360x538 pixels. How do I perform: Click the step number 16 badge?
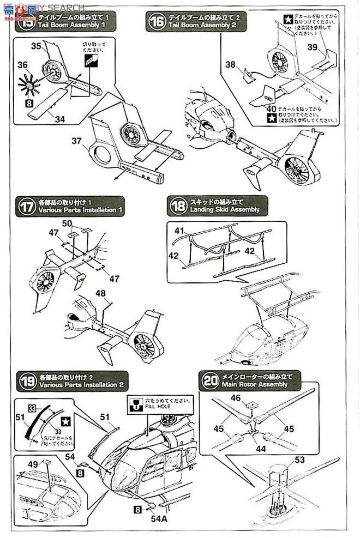157,22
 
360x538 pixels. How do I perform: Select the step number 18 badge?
178,205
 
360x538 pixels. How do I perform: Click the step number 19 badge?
26,380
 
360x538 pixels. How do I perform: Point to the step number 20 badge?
209,380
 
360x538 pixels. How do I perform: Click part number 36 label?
22,65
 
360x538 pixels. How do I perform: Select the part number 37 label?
76,141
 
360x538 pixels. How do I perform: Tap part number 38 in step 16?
230,64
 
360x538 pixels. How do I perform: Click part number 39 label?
312,47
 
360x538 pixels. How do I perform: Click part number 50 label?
67,223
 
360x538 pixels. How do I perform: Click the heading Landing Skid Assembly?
225,209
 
